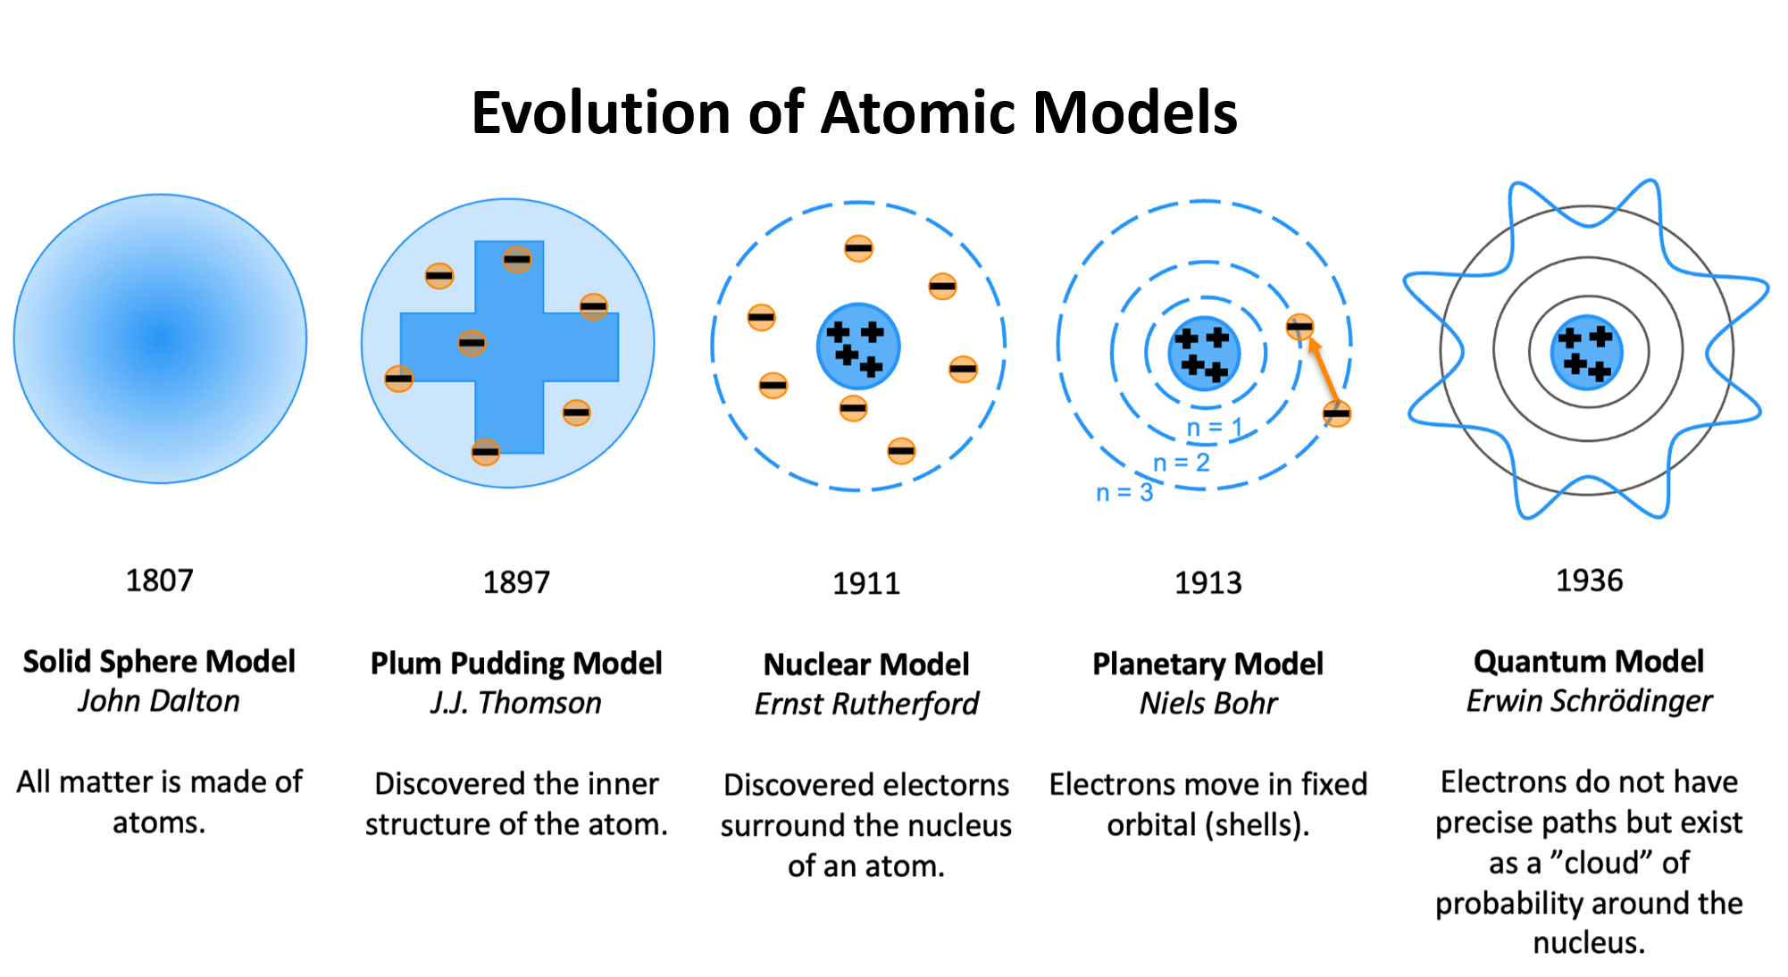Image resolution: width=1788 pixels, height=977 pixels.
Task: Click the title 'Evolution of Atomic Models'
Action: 854,113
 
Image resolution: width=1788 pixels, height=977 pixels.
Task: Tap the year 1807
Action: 159,581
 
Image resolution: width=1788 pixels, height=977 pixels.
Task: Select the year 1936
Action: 1589,581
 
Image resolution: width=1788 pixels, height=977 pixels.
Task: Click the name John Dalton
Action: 159,701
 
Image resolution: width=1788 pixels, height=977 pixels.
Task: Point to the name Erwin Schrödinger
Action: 1589,702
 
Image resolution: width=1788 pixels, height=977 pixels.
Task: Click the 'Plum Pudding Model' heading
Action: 516,664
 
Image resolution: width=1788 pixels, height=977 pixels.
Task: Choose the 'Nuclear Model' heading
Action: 866,664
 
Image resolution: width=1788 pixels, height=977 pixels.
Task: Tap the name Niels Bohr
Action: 1207,704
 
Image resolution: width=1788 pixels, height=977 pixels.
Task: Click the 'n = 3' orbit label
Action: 1124,492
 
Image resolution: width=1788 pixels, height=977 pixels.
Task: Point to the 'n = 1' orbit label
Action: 1214,429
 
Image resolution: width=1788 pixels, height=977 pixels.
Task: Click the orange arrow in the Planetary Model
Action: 1323,371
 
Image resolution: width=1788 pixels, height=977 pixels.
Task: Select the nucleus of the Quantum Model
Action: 1587,352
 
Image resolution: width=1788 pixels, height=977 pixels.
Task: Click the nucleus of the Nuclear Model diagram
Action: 857,347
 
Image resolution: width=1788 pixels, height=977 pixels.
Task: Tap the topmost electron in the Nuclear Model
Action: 858,247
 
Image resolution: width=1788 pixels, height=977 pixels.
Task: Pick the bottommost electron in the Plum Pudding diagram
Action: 485,452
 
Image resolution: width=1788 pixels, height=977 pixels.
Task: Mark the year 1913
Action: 1207,583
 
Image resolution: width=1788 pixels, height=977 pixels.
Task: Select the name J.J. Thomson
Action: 516,704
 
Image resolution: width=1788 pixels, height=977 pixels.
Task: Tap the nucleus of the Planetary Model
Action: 1204,353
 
